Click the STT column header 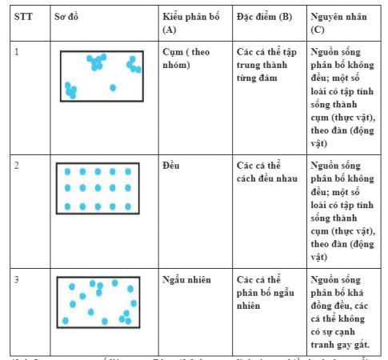(22, 16)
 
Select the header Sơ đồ (66, 16)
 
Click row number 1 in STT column (17, 51)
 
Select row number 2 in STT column (17, 166)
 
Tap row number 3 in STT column (17, 279)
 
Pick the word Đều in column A (170, 166)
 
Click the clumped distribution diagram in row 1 (102, 77)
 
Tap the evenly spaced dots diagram (98, 189)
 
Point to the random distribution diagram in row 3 (98, 302)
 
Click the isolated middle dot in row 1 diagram (113, 87)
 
